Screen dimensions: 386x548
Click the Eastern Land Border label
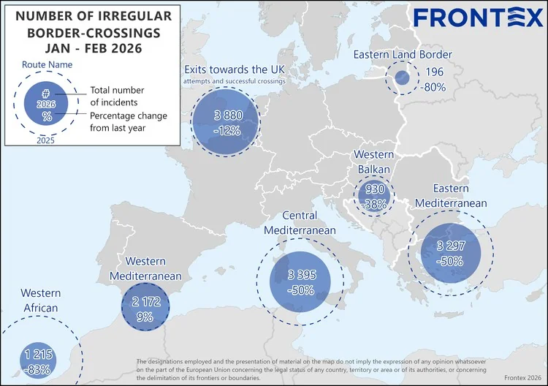coord(413,55)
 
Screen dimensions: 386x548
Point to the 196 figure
coord(434,72)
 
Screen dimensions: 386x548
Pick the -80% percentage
coord(434,86)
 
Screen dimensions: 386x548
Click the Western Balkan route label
coord(373,162)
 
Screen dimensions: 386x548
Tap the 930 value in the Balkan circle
coord(375,190)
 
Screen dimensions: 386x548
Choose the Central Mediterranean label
coord(299,223)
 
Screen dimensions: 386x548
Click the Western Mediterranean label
coord(145,268)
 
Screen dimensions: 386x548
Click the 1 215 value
coord(37,355)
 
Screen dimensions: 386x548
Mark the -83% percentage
coord(37,369)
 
